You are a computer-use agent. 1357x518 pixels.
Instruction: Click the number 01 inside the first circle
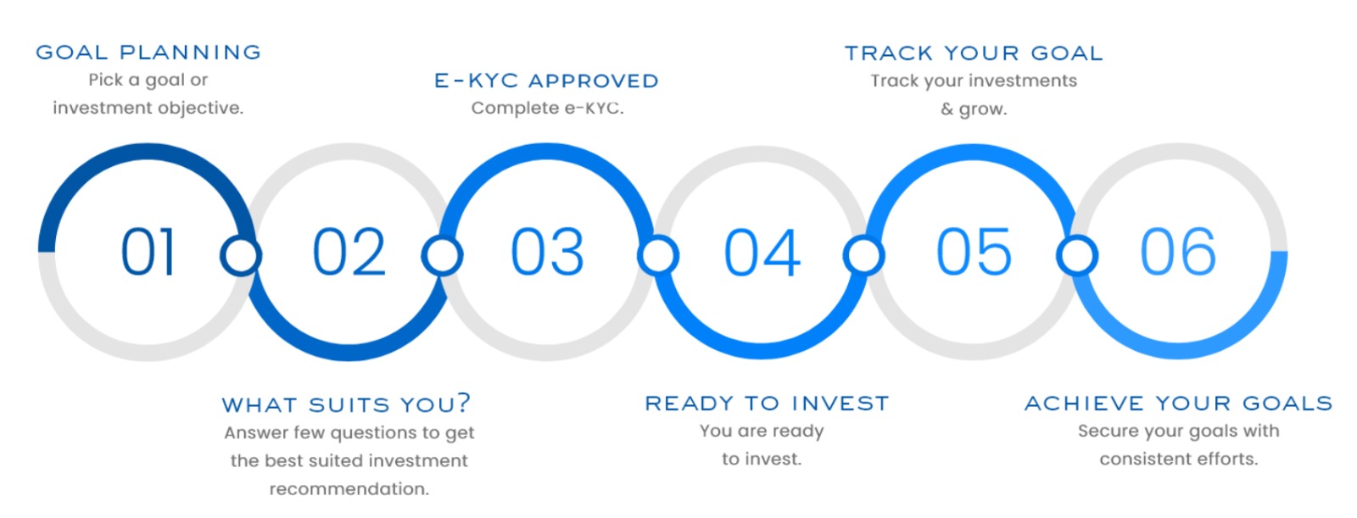coord(148,253)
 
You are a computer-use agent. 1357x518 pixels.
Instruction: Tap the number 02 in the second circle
coord(349,253)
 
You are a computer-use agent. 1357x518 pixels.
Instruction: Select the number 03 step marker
coord(547,253)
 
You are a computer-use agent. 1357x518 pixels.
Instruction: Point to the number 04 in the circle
coord(762,253)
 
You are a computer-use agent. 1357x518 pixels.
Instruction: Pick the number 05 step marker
coord(974,253)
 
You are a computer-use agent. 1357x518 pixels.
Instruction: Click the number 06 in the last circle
coord(1177,253)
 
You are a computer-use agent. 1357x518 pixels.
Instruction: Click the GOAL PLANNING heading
coord(148,53)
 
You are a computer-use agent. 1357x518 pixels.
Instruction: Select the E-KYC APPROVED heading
coord(546,81)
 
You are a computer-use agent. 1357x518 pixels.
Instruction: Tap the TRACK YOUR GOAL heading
coord(974,53)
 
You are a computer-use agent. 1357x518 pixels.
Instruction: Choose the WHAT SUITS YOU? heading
coord(346,404)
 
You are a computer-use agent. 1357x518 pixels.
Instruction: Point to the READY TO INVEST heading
coord(767,404)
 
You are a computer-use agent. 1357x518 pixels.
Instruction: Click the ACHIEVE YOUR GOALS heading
coord(1178,404)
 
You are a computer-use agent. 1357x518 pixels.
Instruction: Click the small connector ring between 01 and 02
coord(240,255)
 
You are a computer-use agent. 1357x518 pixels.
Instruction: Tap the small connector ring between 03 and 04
coord(658,255)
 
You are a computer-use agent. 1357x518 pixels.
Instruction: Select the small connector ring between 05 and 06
coord(1077,255)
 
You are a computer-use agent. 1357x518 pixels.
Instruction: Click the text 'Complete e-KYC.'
coord(547,109)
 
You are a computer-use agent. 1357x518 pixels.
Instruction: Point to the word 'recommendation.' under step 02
coord(349,489)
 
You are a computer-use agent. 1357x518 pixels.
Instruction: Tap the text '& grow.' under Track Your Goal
coord(974,109)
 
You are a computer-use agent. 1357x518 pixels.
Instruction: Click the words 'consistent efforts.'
coord(1178,460)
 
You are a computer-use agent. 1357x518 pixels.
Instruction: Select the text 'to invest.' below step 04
coord(761,460)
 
